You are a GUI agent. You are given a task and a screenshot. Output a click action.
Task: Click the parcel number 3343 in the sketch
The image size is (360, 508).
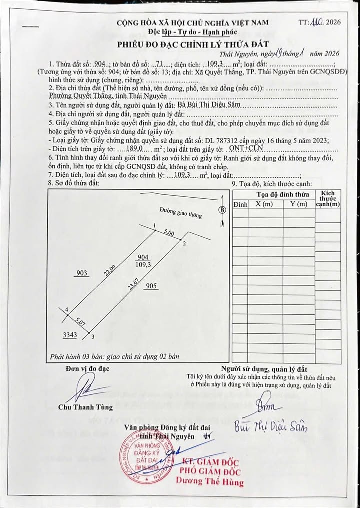[x=69, y=335]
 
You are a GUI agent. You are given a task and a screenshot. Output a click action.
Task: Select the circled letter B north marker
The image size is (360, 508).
[x=222, y=209]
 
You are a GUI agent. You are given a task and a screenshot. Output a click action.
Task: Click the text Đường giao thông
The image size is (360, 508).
[x=181, y=213]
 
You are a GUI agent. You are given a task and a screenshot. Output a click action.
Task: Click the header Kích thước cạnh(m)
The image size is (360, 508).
[x=328, y=198]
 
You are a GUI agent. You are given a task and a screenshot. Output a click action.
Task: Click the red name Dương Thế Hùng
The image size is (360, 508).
[x=209, y=482]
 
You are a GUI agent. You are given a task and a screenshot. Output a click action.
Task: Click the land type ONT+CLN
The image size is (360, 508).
[x=247, y=149]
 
